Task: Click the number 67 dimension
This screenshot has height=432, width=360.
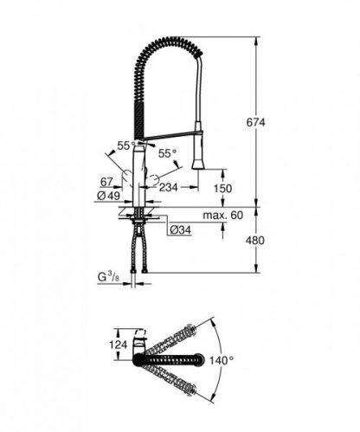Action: [x=106, y=183]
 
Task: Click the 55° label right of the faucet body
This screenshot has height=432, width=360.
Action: [x=167, y=153]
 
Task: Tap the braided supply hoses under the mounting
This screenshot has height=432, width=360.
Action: [x=138, y=251]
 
